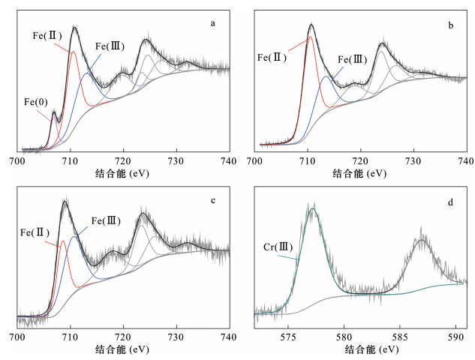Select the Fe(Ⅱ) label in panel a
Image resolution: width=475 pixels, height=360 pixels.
pos(47,35)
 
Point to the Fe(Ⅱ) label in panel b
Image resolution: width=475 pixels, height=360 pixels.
pos(272,56)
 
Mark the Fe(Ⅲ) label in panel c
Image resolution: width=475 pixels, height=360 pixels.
pos(106,221)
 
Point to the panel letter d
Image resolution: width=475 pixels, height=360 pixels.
pos(450,200)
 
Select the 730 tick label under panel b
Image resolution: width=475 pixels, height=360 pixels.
pos(413,160)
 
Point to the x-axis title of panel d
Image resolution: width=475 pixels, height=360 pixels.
pos(361,349)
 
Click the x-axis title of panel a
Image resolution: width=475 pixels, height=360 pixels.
pos(124,173)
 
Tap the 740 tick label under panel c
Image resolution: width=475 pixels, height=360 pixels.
pos(229,337)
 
